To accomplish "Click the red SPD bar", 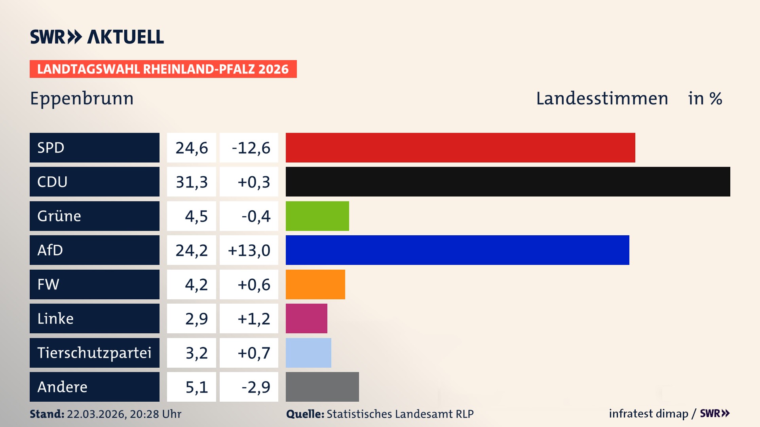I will [460, 147].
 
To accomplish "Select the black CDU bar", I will [507, 181].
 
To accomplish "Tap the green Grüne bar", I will [317, 216].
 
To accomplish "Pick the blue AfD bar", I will [457, 250].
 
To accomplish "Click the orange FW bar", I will [315, 284].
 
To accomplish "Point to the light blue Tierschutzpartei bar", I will [308, 353].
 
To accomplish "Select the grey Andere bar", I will [322, 387].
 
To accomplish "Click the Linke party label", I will [55, 319].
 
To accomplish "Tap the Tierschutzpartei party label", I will [94, 353].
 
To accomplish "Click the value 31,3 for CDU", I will [192, 182].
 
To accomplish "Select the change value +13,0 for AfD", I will [249, 250].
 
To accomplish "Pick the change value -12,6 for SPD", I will [251, 148].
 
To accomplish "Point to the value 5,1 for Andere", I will [196, 387].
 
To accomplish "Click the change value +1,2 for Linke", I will [253, 319].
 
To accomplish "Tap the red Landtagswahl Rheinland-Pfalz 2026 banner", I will [163, 69].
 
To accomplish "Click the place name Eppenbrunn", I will [82, 99].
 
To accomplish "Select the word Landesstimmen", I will [602, 98].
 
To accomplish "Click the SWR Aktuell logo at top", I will [97, 37].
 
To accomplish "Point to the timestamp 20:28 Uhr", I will [155, 414].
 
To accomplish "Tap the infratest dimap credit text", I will [648, 414].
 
